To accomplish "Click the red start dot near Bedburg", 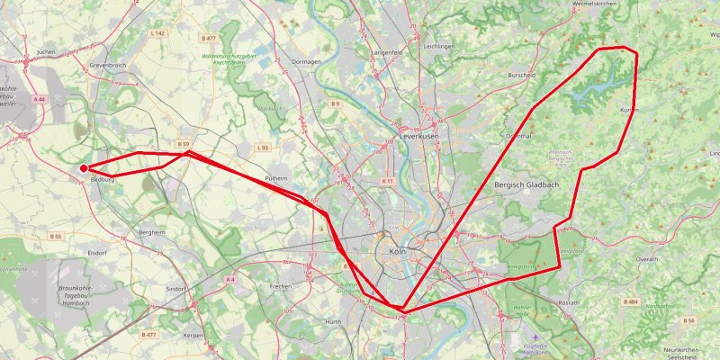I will (x=83, y=168).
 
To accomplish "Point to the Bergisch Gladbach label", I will (x=526, y=184).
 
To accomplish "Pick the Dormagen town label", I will (x=306, y=61).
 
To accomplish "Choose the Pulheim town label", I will (x=275, y=179).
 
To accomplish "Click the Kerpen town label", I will (x=193, y=335).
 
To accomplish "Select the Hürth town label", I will (x=333, y=321).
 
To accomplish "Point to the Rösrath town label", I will (x=569, y=303).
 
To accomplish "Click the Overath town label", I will (x=647, y=258).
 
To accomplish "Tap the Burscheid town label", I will (x=522, y=76).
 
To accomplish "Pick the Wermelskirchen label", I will (x=598, y=4).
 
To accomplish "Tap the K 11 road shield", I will (x=388, y=181).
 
